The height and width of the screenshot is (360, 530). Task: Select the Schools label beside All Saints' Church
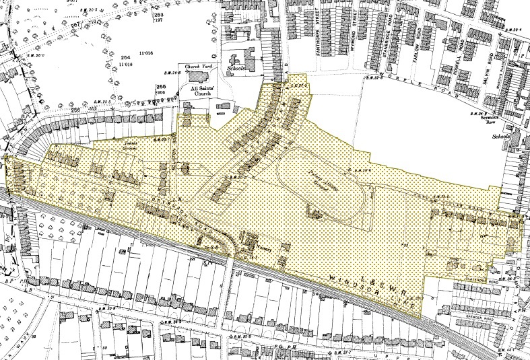(238, 69)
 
